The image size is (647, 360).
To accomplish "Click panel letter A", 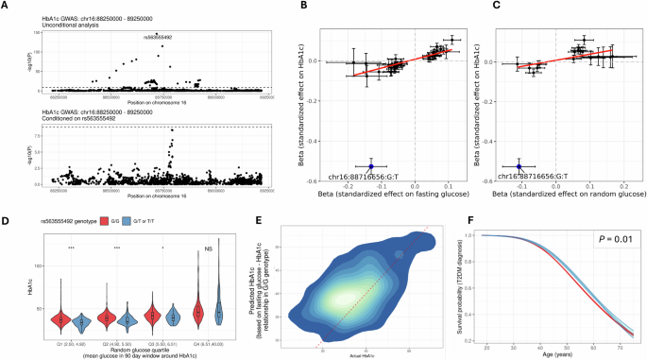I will click(8, 7).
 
